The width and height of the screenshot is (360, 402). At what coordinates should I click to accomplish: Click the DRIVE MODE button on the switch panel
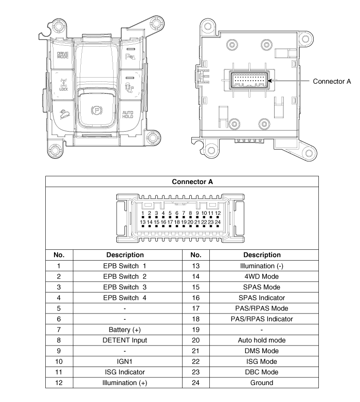63,55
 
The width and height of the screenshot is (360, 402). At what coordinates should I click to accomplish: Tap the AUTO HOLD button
128,115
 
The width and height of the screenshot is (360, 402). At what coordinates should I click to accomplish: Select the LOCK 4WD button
63,85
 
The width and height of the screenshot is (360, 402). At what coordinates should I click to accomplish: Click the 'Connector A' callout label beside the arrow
332,81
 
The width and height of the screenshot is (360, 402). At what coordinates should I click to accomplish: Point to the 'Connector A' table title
192,182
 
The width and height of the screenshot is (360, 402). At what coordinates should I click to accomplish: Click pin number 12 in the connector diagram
218,213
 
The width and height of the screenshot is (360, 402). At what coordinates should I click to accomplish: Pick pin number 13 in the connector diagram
143,222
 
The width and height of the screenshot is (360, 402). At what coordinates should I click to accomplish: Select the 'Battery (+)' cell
124,330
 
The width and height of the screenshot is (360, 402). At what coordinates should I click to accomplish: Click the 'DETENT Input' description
124,340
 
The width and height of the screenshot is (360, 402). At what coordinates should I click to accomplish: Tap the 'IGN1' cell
124,361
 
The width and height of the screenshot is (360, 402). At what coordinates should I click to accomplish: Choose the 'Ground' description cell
262,383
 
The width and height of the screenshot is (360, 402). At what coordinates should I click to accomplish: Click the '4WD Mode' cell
262,277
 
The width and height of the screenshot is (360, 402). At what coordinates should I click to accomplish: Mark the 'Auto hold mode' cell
262,340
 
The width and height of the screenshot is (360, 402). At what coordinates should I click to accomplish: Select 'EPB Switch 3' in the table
124,287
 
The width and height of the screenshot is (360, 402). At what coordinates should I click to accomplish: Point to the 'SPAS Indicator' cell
262,298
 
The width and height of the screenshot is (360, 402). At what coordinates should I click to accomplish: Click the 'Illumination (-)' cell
262,266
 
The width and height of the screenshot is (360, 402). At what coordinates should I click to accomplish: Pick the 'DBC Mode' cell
262,372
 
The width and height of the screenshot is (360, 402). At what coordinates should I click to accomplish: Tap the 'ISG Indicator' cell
124,372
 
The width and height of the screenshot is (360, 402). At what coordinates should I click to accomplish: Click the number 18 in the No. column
195,319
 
